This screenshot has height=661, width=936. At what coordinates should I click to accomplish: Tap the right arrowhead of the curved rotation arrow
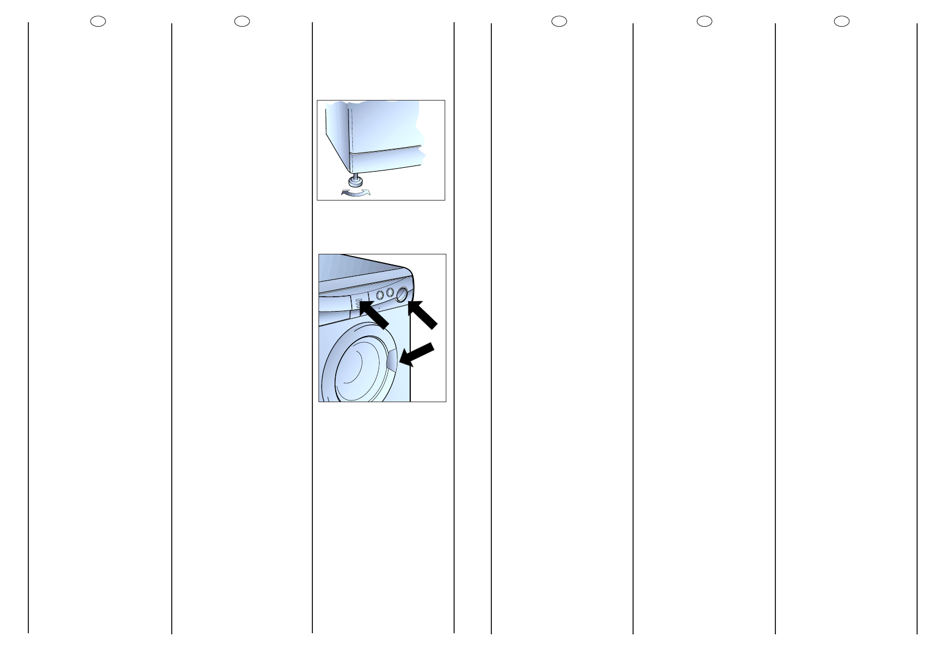point(366,191)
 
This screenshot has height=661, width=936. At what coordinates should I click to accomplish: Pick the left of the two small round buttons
point(380,295)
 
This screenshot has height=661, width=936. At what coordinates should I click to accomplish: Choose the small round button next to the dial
point(390,293)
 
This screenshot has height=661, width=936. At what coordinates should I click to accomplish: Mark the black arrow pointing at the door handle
point(416,354)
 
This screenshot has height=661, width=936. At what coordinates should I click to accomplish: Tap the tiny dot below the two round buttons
point(379,307)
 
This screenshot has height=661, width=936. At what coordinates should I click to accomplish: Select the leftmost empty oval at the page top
point(98,21)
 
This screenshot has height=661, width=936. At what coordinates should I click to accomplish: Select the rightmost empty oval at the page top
point(842,21)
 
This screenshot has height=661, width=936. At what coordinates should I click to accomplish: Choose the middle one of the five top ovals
point(559,21)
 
